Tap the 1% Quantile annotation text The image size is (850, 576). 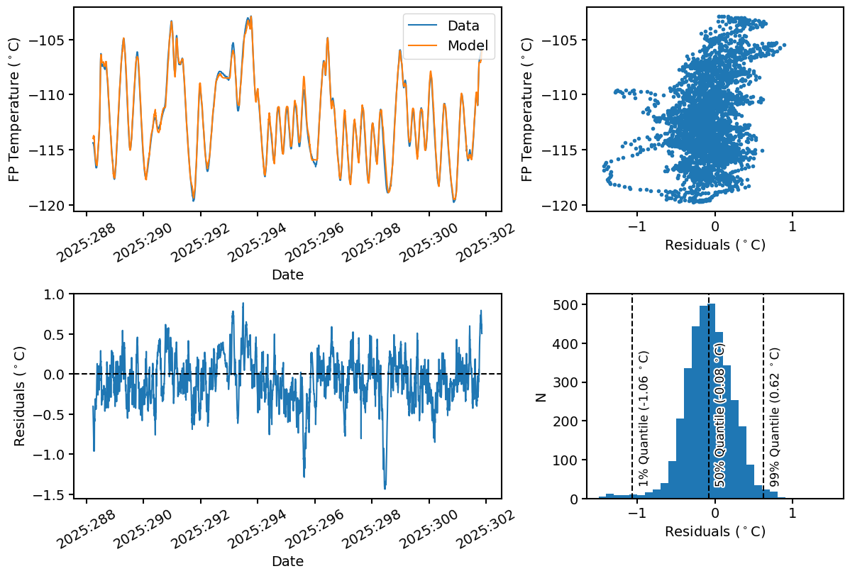coord(644,419)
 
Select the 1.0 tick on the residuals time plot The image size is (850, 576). coord(55,294)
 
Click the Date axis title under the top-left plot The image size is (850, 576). coord(287,275)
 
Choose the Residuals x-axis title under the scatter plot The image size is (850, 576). coord(714,245)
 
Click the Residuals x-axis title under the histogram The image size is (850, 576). coord(714,531)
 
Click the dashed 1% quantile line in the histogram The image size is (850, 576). coord(632,333)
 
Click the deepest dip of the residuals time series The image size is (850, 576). coord(385,489)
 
